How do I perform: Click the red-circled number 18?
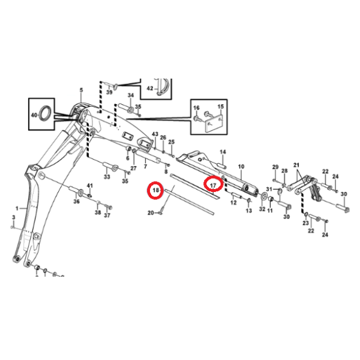[155, 191]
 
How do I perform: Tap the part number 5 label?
[82, 91]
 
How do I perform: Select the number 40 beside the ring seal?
[34, 113]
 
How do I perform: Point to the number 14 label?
[222, 152]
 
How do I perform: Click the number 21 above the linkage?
[296, 165]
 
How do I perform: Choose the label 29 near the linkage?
[275, 166]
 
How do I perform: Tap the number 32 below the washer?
[262, 209]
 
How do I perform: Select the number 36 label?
[76, 202]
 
